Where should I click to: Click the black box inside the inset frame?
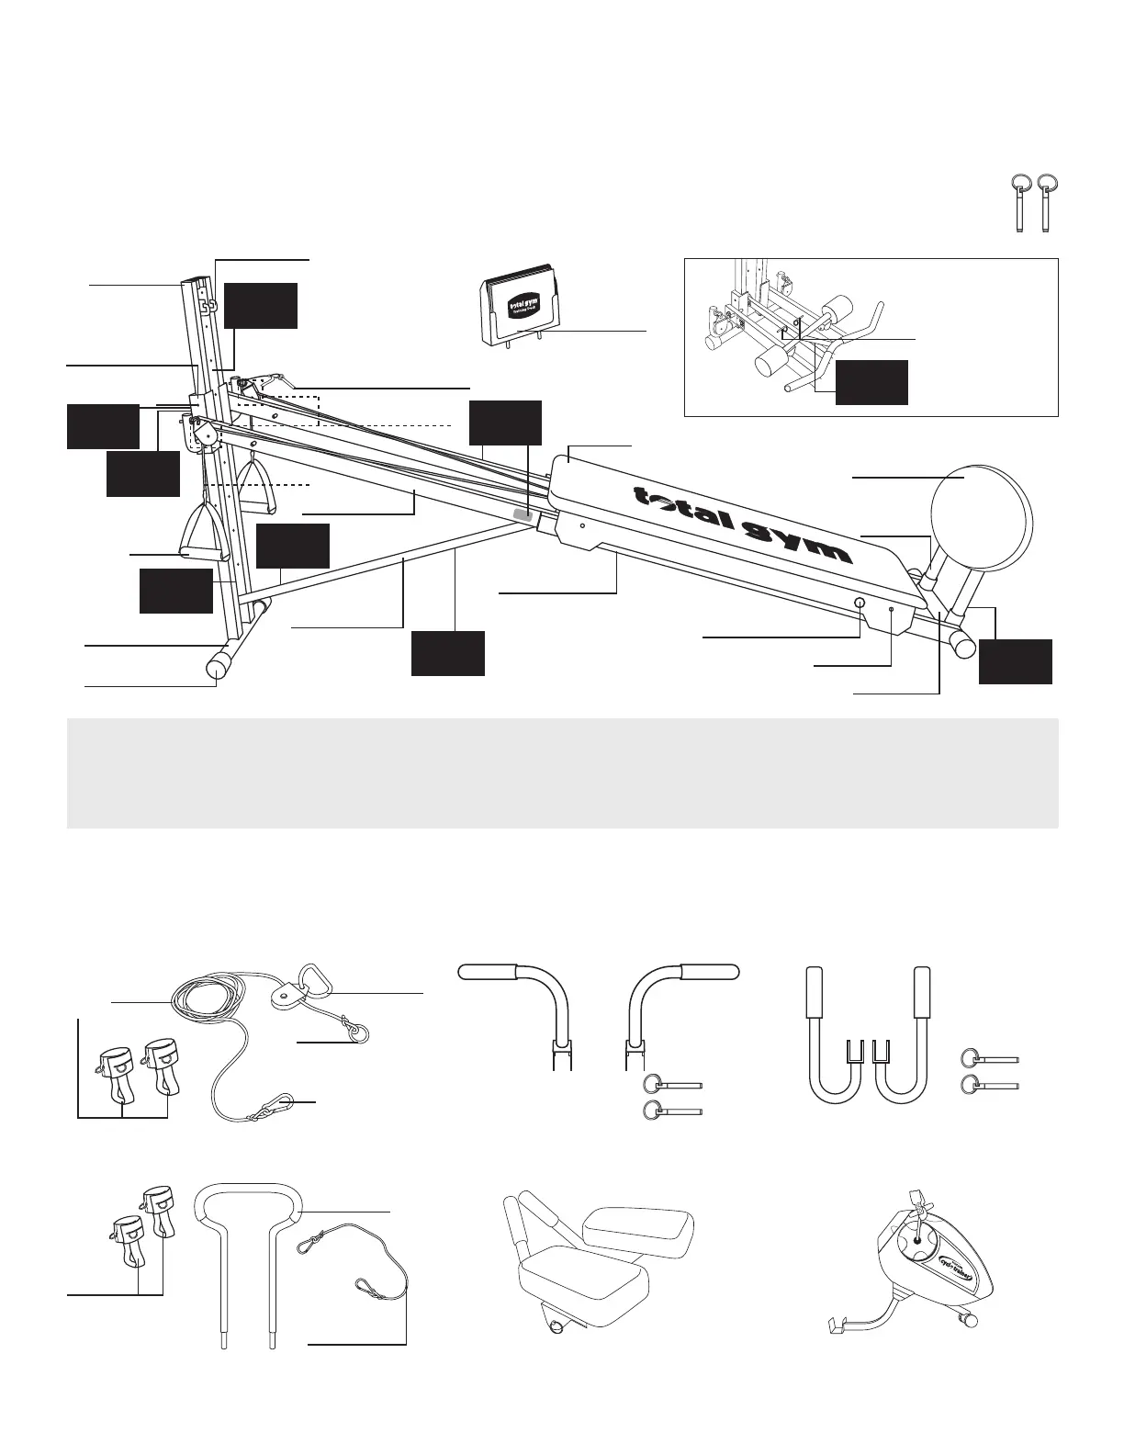tap(871, 382)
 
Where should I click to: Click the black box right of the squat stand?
tap(1015, 662)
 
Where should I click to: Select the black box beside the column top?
tap(261, 306)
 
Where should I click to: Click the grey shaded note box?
tap(562, 773)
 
